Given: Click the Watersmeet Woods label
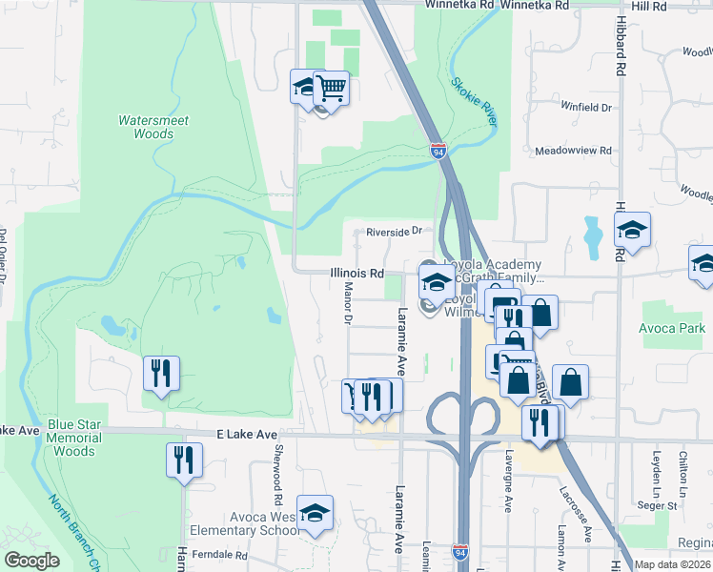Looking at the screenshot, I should pyautogui.click(x=153, y=128).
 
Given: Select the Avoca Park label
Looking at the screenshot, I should pyautogui.click(x=673, y=329).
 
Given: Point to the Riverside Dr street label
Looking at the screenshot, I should pyautogui.click(x=387, y=232).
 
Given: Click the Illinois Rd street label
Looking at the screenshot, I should pyautogui.click(x=356, y=273).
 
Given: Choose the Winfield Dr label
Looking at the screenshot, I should pyautogui.click(x=585, y=107).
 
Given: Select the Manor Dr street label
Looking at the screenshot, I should pyautogui.click(x=348, y=307).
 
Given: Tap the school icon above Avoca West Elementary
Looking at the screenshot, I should pyautogui.click(x=314, y=513).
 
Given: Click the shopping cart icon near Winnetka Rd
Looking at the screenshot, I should pyautogui.click(x=332, y=88).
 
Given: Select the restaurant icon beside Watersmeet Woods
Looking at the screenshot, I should pyautogui.click(x=160, y=373).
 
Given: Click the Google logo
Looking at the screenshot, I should pyautogui.click(x=32, y=561).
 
